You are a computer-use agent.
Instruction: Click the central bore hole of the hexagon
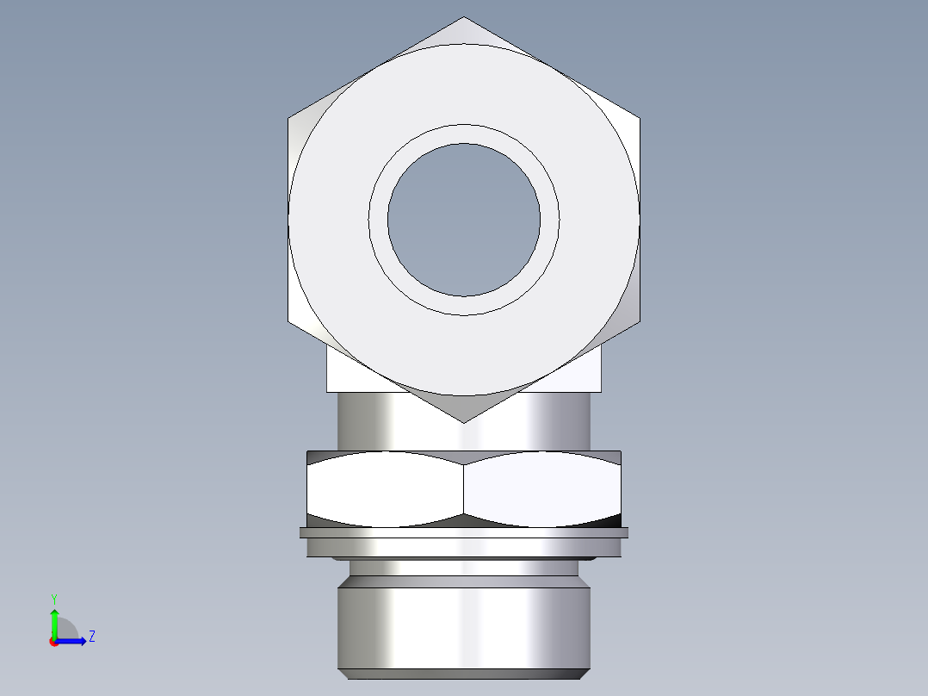coord(464,220)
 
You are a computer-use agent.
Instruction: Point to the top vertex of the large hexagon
coord(464,18)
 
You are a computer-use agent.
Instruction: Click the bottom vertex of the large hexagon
coord(464,421)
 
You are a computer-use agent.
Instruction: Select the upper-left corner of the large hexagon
coord(289,118)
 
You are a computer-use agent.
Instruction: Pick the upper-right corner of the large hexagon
coord(639,118)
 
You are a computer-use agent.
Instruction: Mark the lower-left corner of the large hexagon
coord(289,321)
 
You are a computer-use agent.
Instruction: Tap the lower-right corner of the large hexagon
coord(639,321)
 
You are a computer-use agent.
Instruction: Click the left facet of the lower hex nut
coord(385,488)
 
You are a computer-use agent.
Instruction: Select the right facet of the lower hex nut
coord(542,488)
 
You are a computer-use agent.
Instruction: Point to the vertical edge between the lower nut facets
coord(464,488)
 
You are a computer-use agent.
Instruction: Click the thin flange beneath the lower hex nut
coord(464,533)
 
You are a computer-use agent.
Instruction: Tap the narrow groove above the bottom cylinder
coord(464,568)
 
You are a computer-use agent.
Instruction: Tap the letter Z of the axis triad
coord(91,637)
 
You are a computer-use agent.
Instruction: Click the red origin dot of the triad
coord(53,642)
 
